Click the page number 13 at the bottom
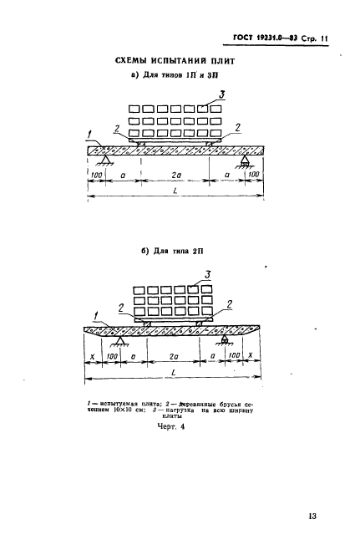pyautogui.click(x=312, y=517)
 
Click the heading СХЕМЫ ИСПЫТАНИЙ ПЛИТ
pyautogui.click(x=175, y=61)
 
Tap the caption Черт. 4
pyautogui.click(x=170, y=426)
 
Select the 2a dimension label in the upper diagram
pyautogui.click(x=176, y=175)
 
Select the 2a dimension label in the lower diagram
pyautogui.click(x=174, y=356)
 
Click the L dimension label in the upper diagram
pyautogui.click(x=175, y=191)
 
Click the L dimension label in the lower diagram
pyautogui.click(x=174, y=372)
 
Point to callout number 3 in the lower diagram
pyautogui.click(x=207, y=275)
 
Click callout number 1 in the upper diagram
pyautogui.click(x=90, y=135)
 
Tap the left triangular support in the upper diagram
pyautogui.click(x=105, y=160)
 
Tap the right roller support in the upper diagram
pyautogui.click(x=245, y=161)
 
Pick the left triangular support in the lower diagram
pyautogui.click(x=119, y=341)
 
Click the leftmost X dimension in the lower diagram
pyautogui.click(x=92, y=356)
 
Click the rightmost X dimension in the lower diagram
pyautogui.click(x=251, y=355)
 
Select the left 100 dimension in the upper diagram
pyautogui.click(x=96, y=175)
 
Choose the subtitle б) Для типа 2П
pyautogui.click(x=172, y=251)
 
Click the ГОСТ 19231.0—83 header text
pyautogui.click(x=266, y=38)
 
